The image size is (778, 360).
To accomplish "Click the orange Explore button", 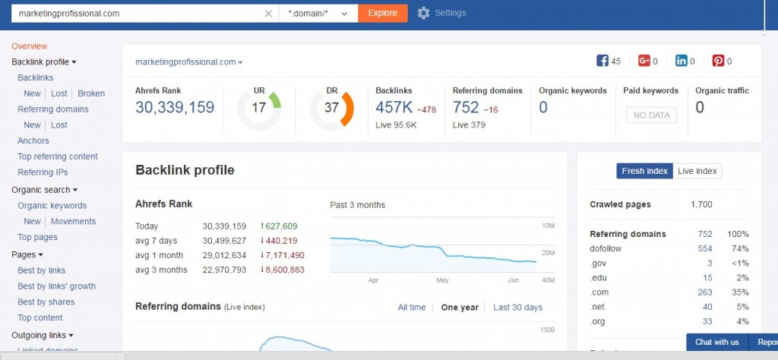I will [x=382, y=13].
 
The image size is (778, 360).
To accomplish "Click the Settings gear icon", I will [x=423, y=13].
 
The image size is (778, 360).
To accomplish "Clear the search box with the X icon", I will [x=268, y=14].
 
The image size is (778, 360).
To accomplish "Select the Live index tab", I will [x=697, y=171].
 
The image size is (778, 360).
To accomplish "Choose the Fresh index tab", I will [x=644, y=171].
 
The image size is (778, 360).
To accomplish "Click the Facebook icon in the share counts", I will [x=602, y=61].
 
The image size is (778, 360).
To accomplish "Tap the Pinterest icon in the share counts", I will [x=718, y=61].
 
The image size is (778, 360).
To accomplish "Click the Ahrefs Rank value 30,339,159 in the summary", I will [x=175, y=108].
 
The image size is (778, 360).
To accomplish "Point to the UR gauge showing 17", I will [x=259, y=108].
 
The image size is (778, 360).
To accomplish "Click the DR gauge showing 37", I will [x=331, y=108].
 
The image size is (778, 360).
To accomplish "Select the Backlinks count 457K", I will [x=394, y=108].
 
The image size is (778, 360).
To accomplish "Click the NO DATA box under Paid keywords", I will [x=651, y=115].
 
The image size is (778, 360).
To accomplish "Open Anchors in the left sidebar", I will [x=33, y=141].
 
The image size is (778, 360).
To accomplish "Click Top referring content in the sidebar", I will [x=58, y=156].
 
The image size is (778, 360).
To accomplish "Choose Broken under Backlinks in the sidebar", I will [x=91, y=93].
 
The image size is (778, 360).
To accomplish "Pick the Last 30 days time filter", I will [x=517, y=308].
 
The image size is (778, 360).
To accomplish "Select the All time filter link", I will [x=412, y=308].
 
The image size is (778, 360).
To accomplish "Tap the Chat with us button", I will [x=716, y=342].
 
